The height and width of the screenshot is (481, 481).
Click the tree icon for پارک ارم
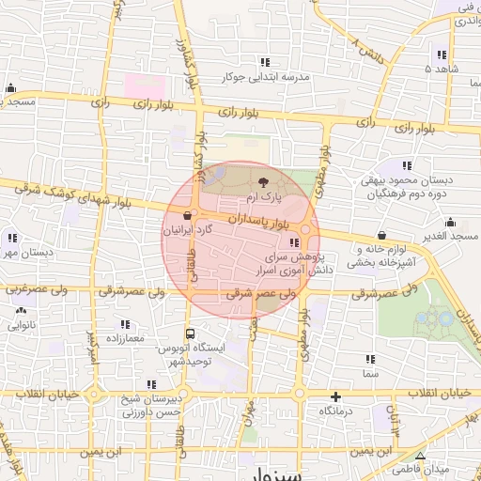(x=262, y=182)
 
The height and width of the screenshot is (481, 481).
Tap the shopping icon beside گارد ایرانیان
(x=190, y=214)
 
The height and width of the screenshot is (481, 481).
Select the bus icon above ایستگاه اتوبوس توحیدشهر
(x=191, y=334)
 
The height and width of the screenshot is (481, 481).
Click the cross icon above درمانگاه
(x=335, y=396)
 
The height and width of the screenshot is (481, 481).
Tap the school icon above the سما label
(x=370, y=359)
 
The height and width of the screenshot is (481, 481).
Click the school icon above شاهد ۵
(x=442, y=54)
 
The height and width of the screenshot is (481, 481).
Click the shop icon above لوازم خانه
(x=380, y=235)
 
